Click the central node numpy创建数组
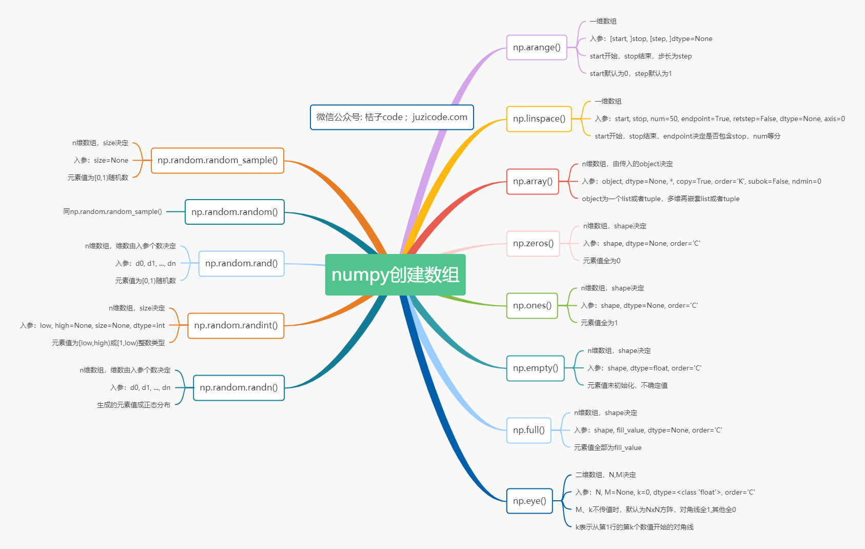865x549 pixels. point(395,274)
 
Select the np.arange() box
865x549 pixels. point(536,48)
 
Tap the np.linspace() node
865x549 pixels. point(539,119)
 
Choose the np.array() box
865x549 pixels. point(533,182)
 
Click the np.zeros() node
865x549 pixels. point(533,244)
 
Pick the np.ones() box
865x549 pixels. point(532,306)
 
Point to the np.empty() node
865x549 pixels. point(535,368)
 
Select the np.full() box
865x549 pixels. point(528,430)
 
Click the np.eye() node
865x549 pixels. point(529,501)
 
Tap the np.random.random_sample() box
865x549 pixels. point(218,161)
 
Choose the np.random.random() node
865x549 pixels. point(234,212)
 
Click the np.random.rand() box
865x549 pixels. point(241,264)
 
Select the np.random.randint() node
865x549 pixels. point(235,325)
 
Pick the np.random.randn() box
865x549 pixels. point(239,387)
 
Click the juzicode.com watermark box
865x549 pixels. point(392,117)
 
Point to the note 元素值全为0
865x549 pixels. point(602,261)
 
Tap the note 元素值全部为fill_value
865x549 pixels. point(607,447)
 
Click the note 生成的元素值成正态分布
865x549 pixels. point(133,405)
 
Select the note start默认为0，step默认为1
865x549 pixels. point(631,74)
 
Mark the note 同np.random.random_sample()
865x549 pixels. point(112,211)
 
